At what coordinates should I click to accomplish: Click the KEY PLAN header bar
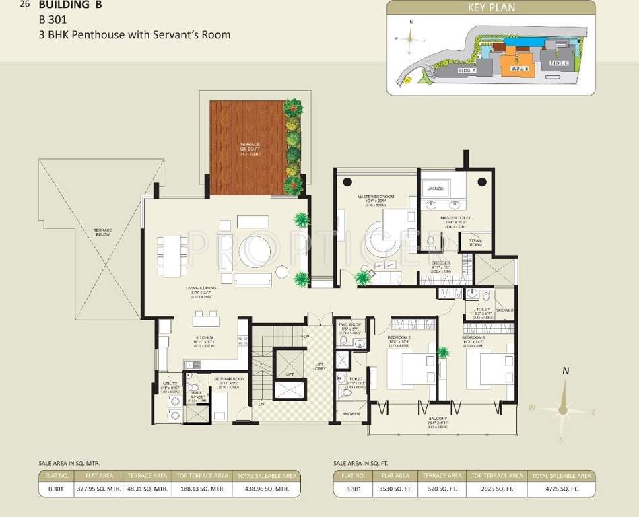coord(490,8)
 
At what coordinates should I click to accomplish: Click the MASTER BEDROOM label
coord(376,197)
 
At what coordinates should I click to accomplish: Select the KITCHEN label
coord(204,337)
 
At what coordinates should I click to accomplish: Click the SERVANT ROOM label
coord(230,379)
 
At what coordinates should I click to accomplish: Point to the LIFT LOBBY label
coord(318,366)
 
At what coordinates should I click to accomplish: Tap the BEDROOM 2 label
coord(399,337)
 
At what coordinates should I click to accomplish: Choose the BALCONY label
coord(438,418)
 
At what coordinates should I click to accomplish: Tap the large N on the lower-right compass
coord(566,371)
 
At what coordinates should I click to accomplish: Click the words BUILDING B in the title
coord(70,5)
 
